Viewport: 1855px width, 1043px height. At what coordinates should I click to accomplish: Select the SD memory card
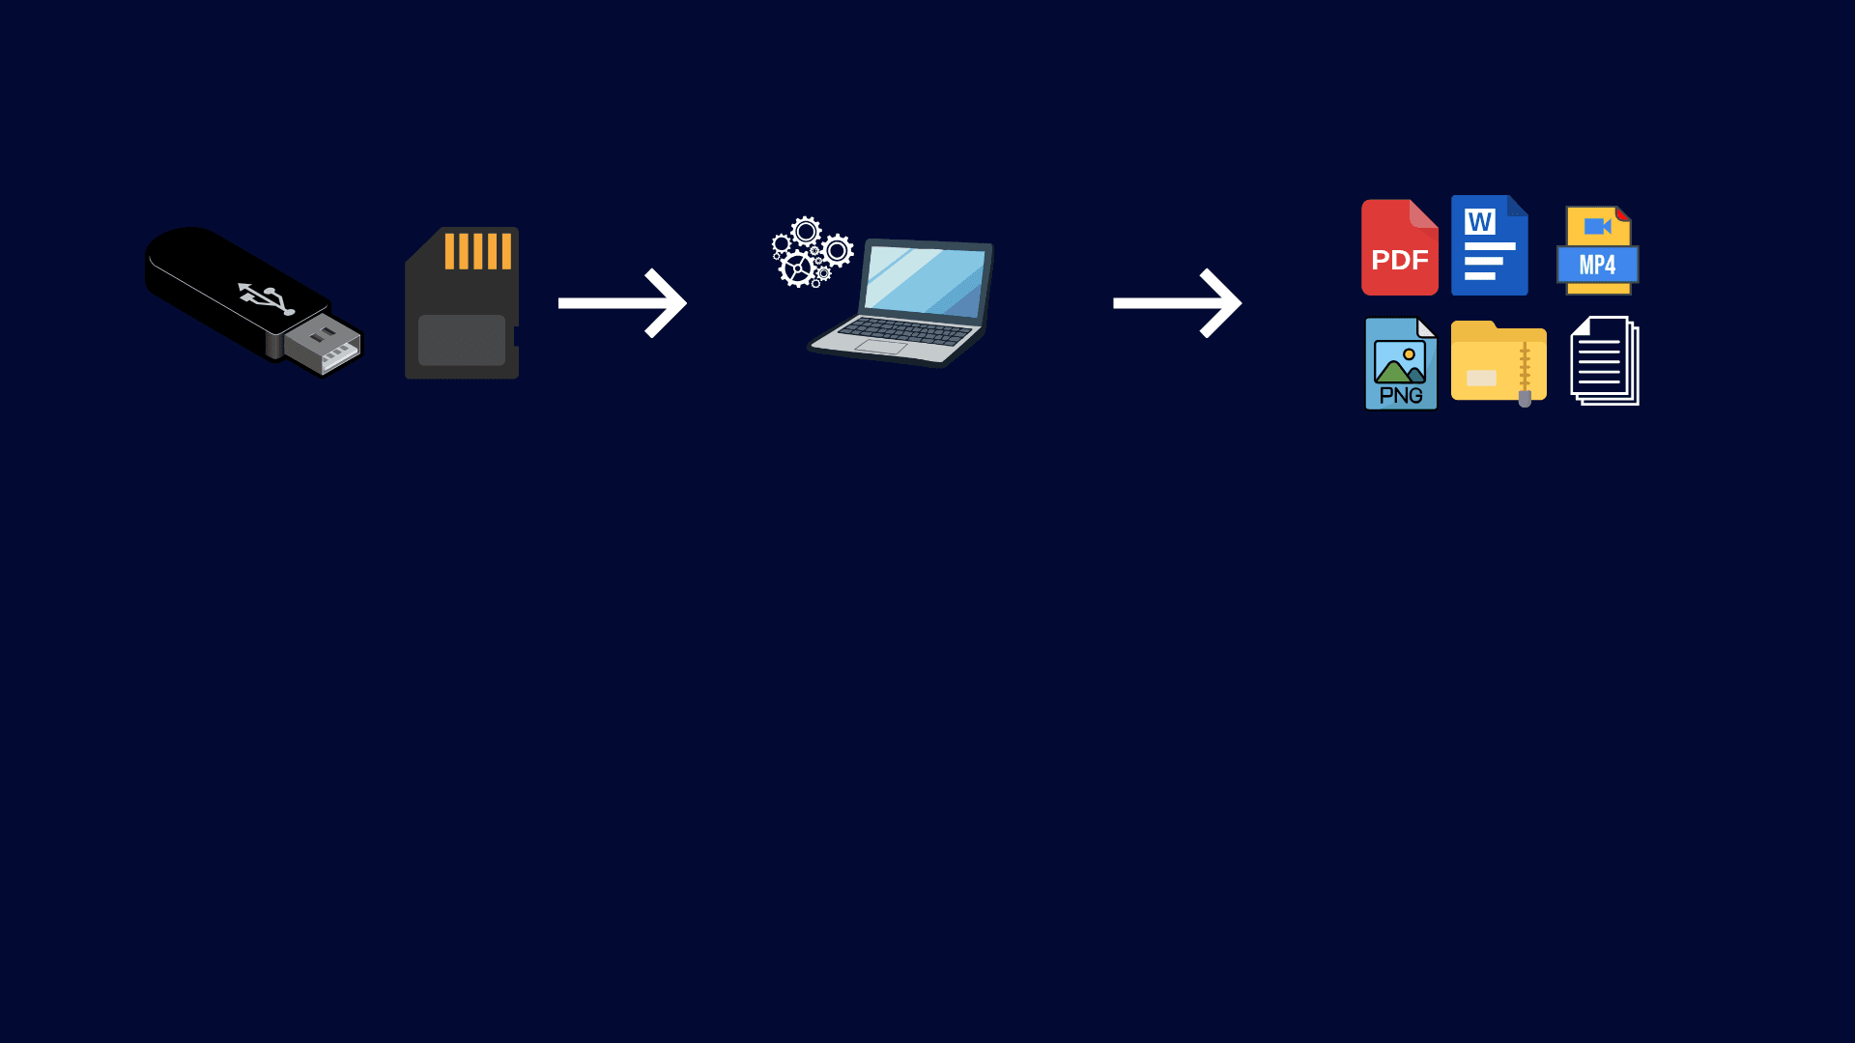[462, 303]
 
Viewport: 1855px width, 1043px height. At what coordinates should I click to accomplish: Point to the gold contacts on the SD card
[477, 251]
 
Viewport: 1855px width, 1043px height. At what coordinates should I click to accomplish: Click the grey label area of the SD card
[462, 340]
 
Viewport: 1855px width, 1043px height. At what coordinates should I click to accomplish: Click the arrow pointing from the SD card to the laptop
[622, 303]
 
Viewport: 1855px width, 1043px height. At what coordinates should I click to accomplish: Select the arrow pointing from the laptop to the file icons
[1177, 303]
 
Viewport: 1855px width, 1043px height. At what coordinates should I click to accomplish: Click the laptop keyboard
[904, 331]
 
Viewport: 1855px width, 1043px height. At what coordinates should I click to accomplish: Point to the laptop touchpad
[880, 347]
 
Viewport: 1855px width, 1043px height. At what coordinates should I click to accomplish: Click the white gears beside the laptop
[813, 252]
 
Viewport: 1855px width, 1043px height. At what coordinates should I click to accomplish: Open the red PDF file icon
[1400, 247]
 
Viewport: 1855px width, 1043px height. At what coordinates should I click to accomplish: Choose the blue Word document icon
[1490, 245]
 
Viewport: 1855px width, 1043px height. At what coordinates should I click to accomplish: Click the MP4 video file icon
[1598, 250]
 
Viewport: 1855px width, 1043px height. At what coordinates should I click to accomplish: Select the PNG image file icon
[1401, 363]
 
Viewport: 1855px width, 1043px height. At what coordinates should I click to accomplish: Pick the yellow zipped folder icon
[1499, 362]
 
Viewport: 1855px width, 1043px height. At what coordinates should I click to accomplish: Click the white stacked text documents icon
[1605, 361]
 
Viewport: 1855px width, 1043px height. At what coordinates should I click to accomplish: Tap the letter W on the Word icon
[1480, 222]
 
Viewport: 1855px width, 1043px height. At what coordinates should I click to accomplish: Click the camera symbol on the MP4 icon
[1598, 227]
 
